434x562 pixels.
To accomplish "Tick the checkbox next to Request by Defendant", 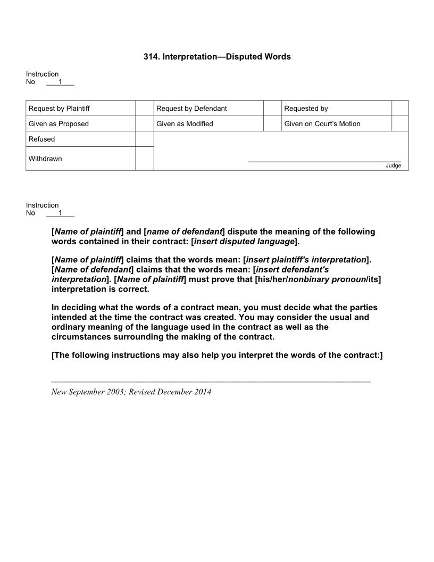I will [x=272, y=109].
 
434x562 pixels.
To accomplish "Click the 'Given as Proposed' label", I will [x=59, y=124].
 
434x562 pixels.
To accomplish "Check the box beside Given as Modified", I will [x=272, y=124].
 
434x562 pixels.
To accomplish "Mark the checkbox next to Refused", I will [x=144, y=139].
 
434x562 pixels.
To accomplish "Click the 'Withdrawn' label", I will [x=45, y=159].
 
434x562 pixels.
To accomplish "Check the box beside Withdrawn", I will [x=144, y=159].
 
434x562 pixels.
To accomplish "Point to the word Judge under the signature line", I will [x=394, y=166].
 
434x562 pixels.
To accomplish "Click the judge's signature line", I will [x=324, y=161].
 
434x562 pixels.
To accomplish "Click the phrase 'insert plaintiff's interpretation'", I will [x=306, y=260].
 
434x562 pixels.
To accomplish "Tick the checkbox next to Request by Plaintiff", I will [x=144, y=109].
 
